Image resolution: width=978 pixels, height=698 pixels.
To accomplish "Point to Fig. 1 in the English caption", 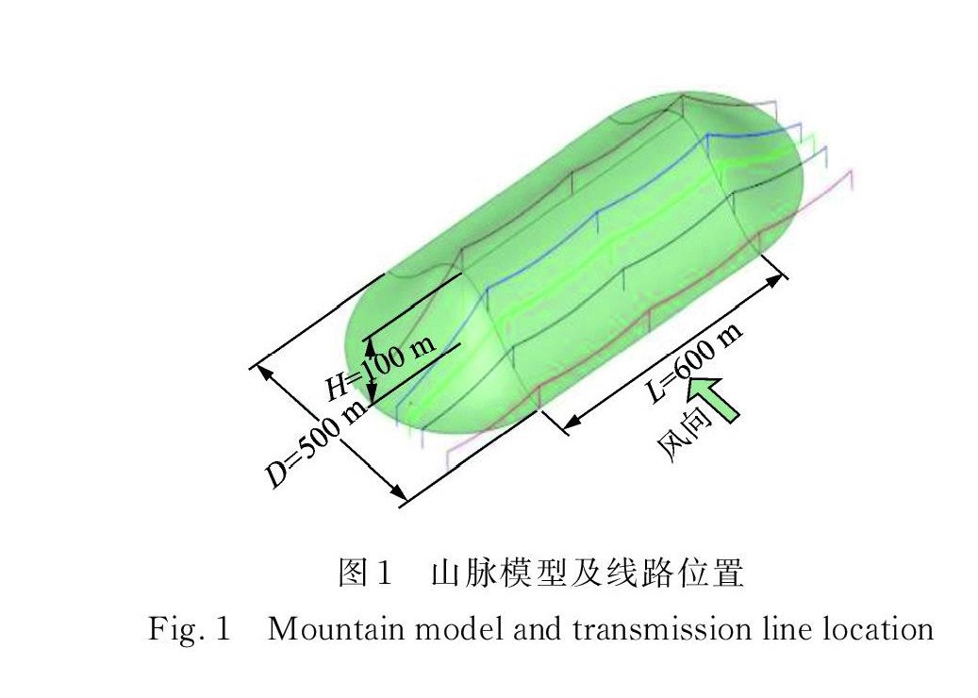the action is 190,627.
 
